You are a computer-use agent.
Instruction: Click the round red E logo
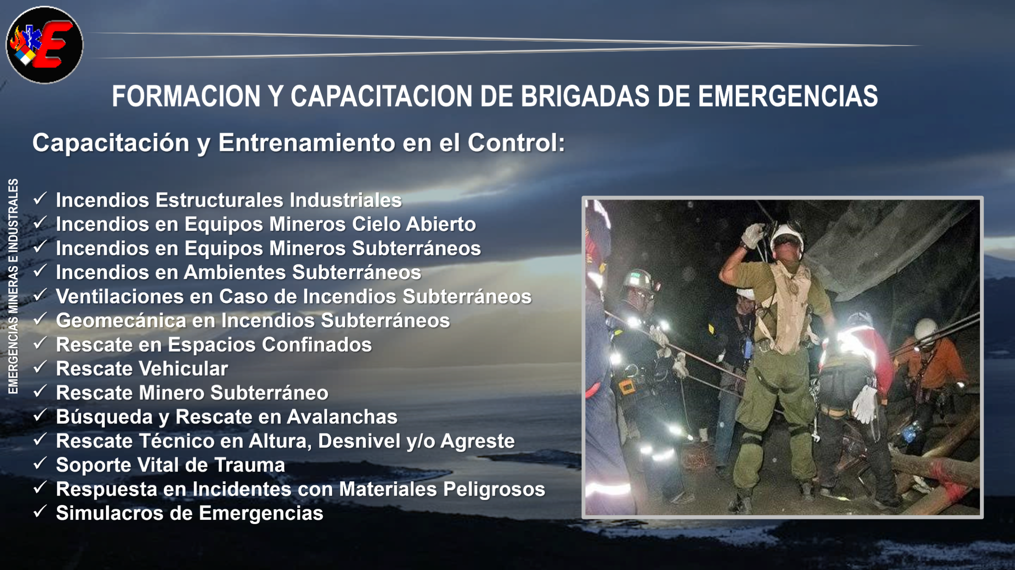pos(44,45)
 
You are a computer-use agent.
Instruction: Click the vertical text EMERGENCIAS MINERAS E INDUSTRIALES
pos(14,286)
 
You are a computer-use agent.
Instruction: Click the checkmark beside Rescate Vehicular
pos(40,367)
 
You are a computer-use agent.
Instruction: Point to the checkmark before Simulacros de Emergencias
pos(40,511)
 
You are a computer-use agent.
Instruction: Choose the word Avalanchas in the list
pos(342,417)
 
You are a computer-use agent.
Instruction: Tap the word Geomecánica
pos(121,320)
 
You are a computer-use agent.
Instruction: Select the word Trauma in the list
pos(250,465)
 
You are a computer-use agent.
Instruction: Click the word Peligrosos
pos(494,489)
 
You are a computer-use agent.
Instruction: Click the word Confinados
pos(317,344)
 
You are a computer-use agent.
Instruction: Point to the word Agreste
pos(477,442)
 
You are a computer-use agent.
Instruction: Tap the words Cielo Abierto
pos(414,224)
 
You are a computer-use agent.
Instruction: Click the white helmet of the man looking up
pos(787,237)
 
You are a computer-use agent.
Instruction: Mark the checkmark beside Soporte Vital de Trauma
pos(40,463)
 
